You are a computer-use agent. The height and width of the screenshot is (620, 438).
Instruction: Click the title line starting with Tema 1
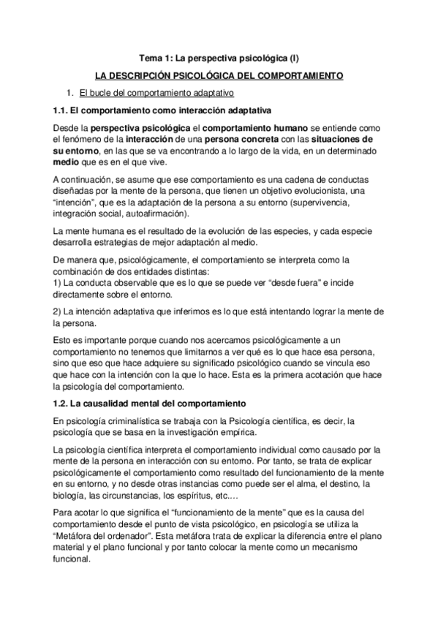[219, 57]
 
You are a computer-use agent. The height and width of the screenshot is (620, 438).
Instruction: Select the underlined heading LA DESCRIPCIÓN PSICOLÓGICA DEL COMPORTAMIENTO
[219, 75]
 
